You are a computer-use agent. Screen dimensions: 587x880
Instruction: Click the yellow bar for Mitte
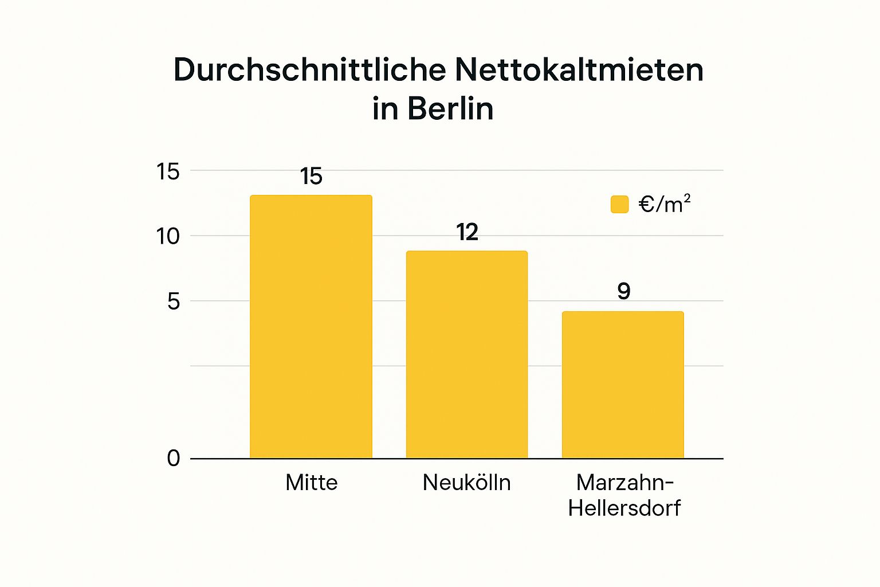click(x=311, y=327)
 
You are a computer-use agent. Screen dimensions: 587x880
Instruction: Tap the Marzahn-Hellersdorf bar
click(x=623, y=385)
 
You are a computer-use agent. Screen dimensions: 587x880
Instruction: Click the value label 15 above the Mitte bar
click(x=312, y=177)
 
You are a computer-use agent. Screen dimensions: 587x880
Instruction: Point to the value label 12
click(x=467, y=232)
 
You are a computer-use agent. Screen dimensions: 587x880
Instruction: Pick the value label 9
click(x=624, y=291)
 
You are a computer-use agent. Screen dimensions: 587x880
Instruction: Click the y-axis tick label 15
click(x=168, y=171)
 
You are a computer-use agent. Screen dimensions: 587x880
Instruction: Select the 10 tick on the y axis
click(x=168, y=236)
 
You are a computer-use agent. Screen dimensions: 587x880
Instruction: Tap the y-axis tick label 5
click(x=174, y=302)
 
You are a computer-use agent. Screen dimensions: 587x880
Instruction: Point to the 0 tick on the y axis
click(x=174, y=458)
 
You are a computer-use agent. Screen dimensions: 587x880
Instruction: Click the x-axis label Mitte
click(x=312, y=483)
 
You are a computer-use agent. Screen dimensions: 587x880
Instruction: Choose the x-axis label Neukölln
click(x=467, y=483)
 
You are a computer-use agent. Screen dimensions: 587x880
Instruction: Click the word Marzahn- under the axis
click(x=624, y=483)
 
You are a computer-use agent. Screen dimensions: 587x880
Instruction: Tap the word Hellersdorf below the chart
click(x=624, y=508)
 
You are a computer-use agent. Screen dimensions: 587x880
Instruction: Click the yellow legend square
click(x=619, y=204)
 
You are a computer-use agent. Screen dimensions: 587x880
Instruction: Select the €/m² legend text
click(x=665, y=204)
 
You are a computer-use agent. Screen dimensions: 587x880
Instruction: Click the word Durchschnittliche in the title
click(x=309, y=70)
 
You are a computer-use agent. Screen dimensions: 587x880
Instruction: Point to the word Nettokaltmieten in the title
click(x=579, y=70)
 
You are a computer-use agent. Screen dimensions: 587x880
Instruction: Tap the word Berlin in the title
click(x=450, y=108)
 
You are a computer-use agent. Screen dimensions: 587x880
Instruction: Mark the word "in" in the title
click(x=385, y=108)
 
